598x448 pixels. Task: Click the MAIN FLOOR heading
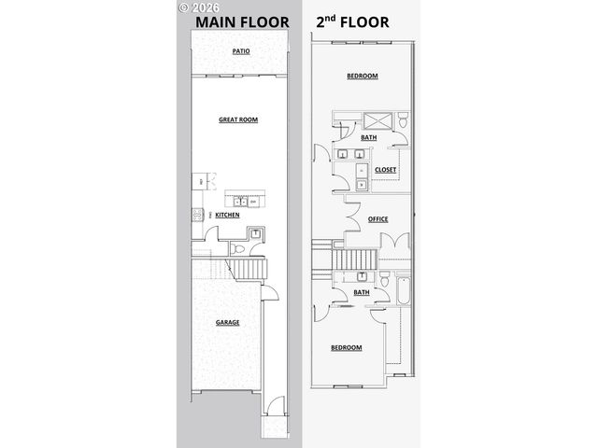[241, 20]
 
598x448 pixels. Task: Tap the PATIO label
[240, 52]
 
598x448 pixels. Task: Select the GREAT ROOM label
[238, 119]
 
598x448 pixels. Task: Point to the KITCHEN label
[227, 215]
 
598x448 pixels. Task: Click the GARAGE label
[228, 322]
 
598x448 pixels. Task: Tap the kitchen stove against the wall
[197, 215]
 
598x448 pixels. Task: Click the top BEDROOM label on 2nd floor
[362, 76]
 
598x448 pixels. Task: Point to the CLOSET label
[385, 170]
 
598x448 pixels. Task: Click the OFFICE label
[377, 218]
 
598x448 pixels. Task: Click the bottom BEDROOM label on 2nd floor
[346, 347]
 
